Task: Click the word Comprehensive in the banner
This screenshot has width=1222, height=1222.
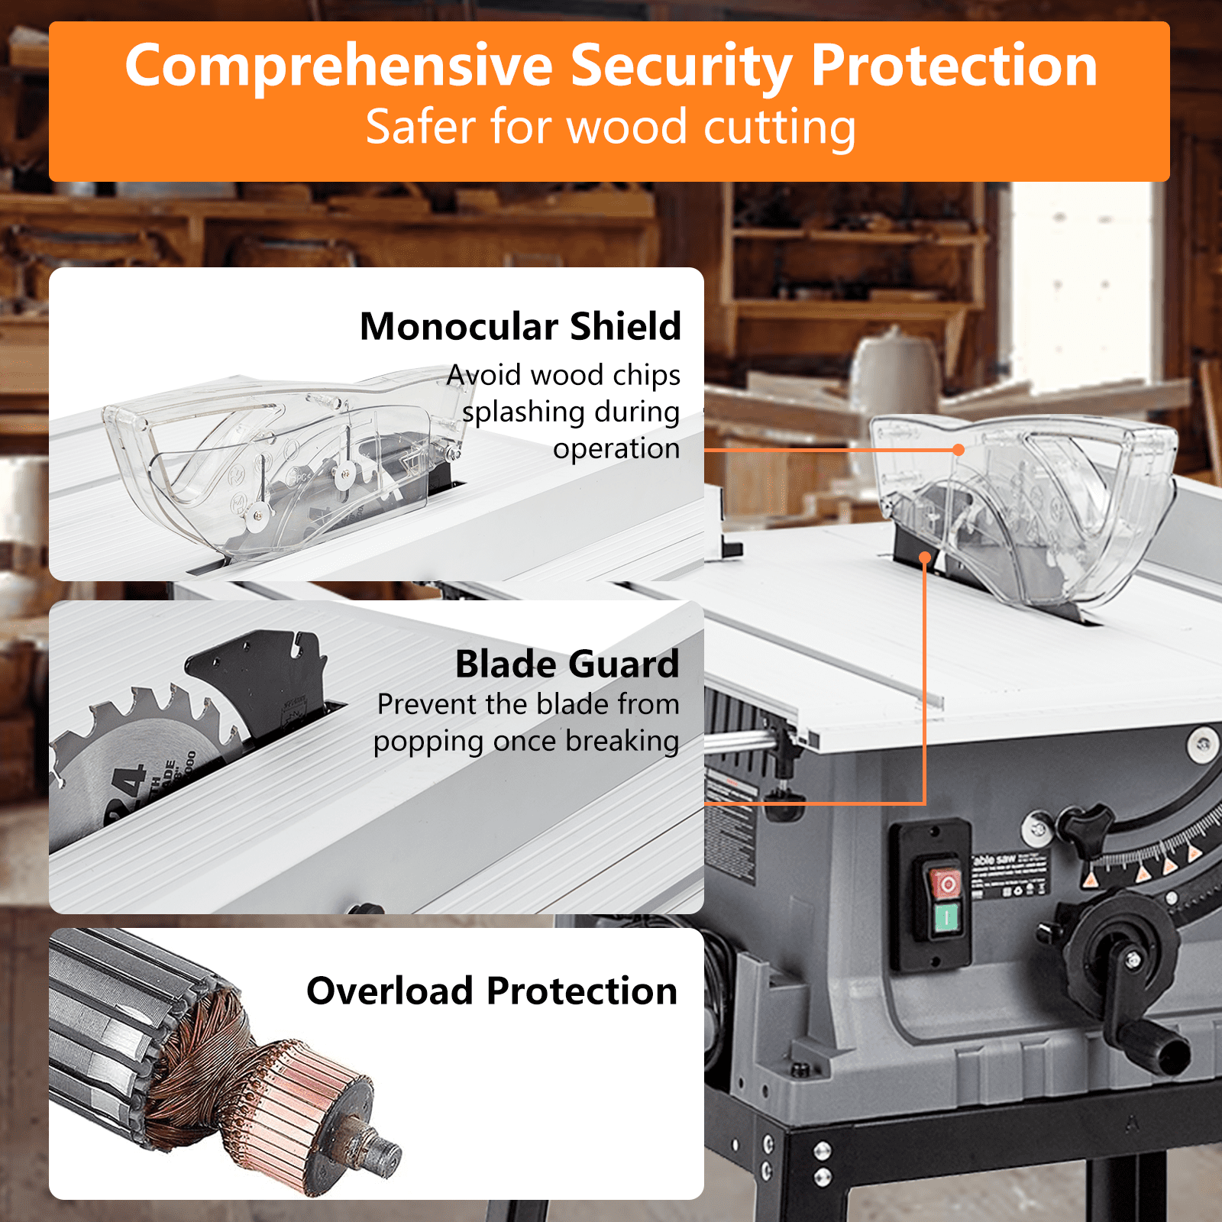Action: coord(338,67)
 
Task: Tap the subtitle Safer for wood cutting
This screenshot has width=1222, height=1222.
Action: coord(610,127)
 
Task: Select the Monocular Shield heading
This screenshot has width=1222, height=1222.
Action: coord(520,327)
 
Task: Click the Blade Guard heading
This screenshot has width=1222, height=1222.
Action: coord(567,664)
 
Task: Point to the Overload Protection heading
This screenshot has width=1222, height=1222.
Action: coord(492,991)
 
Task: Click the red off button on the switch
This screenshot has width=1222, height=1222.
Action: coord(946,884)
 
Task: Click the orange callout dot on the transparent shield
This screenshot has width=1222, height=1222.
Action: coord(959,450)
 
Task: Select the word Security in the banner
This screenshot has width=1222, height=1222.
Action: coord(681,67)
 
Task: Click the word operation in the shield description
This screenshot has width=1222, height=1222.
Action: coord(616,448)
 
